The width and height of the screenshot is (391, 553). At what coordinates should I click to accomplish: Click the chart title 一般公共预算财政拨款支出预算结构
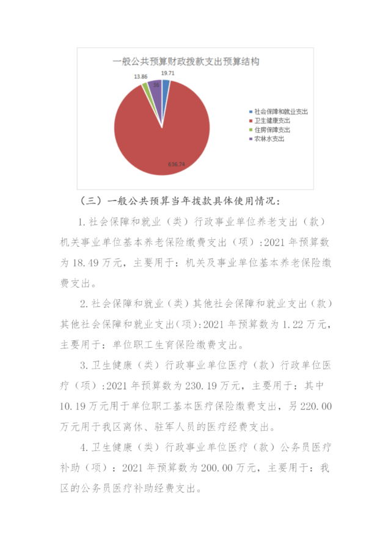click(x=186, y=62)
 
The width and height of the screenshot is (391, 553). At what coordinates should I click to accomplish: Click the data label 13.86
click(x=141, y=77)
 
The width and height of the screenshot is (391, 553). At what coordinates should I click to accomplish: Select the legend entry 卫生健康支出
click(x=272, y=122)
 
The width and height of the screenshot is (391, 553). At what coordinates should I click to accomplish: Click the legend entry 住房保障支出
click(x=272, y=130)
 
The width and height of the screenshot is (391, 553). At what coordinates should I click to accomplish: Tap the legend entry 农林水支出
click(x=269, y=139)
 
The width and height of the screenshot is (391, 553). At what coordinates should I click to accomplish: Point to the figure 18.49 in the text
click(x=85, y=263)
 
